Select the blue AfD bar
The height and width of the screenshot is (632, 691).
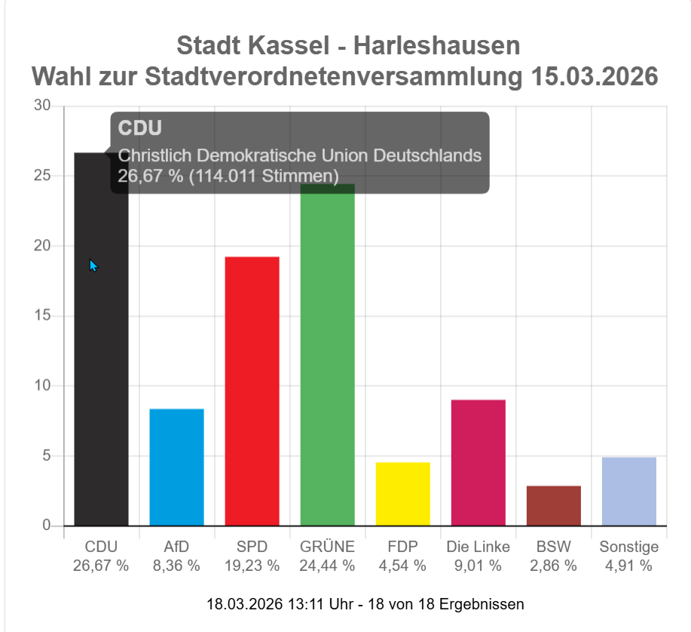[176, 467]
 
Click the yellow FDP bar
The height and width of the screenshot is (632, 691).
[402, 494]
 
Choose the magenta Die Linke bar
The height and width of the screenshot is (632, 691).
[478, 462]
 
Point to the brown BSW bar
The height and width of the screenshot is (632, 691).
[553, 505]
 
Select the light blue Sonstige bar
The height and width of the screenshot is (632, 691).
[628, 491]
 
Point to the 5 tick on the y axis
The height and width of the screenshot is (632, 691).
[46, 456]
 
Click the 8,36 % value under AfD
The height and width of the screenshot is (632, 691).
[176, 565]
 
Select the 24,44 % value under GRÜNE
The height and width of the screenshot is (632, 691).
[327, 565]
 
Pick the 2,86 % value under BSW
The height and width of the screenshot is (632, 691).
[553, 565]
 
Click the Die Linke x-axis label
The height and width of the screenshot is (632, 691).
[478, 547]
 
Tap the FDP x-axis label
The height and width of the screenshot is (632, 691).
[402, 547]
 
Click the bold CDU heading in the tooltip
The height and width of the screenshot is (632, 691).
[140, 128]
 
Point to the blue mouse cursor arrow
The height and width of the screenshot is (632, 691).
[93, 265]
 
